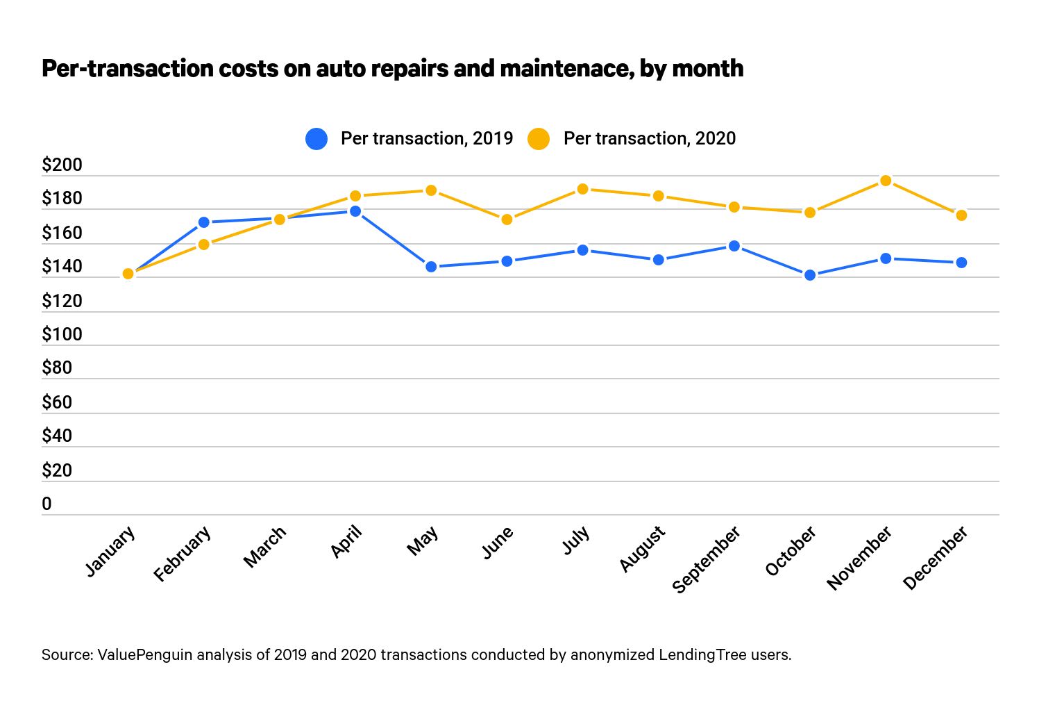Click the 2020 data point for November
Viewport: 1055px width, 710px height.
[x=886, y=181]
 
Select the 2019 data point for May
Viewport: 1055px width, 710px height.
[x=431, y=267]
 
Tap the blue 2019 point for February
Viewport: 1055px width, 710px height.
[x=203, y=222]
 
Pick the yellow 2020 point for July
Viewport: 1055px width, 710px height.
[x=582, y=189]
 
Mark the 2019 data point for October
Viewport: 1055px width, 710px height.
[x=810, y=275]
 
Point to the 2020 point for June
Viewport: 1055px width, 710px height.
[x=507, y=220]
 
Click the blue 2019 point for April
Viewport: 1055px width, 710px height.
[x=355, y=211]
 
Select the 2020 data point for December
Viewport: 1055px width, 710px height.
[x=961, y=215]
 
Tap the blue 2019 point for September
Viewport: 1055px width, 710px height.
[x=734, y=246]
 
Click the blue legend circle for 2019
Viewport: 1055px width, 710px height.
[x=316, y=139]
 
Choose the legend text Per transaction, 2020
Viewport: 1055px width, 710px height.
[x=649, y=139]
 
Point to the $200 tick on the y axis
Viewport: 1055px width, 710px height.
[x=62, y=165]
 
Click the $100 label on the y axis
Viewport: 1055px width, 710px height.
[x=62, y=335]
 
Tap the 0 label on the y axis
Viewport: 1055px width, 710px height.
[x=47, y=504]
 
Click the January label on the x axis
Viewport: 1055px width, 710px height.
[x=110, y=552]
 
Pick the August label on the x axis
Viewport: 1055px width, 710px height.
[x=643, y=549]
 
